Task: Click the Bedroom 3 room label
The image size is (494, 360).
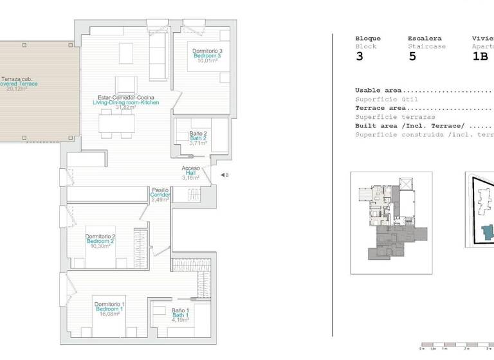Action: pos(207,56)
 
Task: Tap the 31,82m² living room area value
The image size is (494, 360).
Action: pos(125,108)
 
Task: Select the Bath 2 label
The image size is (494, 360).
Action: pos(197,138)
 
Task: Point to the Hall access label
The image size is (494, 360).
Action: pos(191,173)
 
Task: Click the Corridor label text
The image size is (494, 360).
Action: pos(160,195)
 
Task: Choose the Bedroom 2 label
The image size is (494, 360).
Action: pos(100,241)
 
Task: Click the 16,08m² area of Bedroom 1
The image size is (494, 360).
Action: pos(108,315)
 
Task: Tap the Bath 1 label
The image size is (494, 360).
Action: pos(180,315)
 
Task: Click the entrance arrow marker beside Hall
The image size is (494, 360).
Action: pos(223,175)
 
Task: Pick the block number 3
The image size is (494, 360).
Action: pos(359,56)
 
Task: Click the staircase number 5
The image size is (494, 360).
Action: pos(412,56)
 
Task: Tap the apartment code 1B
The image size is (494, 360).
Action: pos(480,56)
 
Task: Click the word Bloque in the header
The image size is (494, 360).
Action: pos(368,38)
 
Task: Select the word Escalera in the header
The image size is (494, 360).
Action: pos(425,38)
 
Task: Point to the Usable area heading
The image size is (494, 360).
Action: pos(380,91)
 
